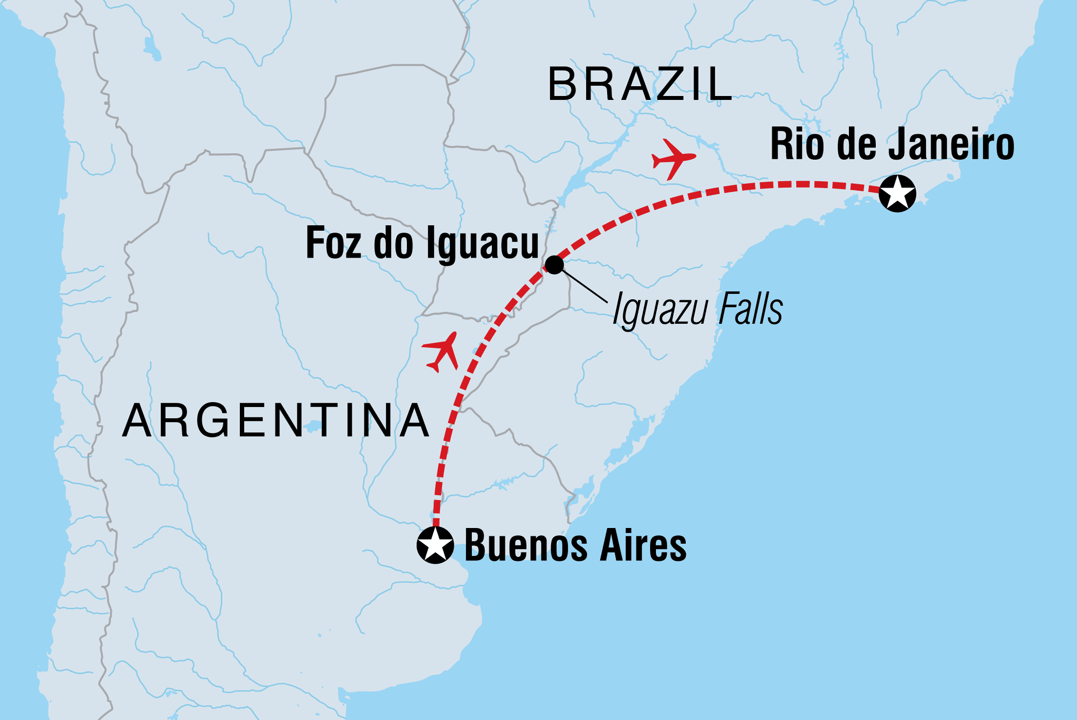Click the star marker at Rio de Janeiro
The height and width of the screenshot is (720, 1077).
click(897, 193)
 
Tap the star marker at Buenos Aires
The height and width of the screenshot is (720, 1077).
click(435, 545)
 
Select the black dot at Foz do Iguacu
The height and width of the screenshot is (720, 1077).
click(554, 264)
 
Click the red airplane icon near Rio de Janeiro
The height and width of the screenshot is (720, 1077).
click(673, 159)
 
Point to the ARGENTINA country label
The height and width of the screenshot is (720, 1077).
click(276, 420)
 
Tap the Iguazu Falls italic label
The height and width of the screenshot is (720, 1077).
click(698, 309)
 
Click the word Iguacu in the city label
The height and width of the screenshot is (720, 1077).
click(482, 244)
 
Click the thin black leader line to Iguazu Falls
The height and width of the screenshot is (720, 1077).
click(585, 286)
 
